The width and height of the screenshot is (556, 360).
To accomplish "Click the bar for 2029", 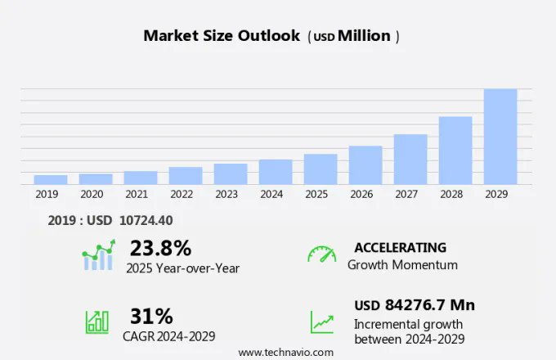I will click(500, 137).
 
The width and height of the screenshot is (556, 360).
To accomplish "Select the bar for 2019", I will click(51, 179).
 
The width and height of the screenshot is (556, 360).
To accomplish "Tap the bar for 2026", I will click(365, 165).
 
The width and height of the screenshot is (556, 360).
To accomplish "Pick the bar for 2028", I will click(455, 151).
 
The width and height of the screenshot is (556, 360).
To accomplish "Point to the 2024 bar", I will click(276, 172).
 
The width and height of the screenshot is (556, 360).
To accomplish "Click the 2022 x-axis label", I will click(182, 195).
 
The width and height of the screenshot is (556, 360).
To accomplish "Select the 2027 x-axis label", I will click(410, 195).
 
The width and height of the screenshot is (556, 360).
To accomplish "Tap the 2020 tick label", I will click(92, 195).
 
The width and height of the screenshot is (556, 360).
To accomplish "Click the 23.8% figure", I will click(160, 248).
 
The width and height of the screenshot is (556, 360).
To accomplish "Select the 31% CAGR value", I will click(151, 316).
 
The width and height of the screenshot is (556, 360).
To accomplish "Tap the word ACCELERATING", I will click(400, 247).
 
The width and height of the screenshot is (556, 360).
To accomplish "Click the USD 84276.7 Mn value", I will click(414, 305).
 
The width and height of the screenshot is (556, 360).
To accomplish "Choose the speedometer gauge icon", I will click(321, 254).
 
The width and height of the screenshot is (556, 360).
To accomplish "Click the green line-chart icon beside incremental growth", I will click(321, 322).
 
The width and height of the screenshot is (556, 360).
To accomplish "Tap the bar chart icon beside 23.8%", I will click(98, 255).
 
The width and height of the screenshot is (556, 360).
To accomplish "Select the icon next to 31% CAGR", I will click(97, 322).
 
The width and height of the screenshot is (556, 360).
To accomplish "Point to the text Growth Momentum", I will click(402, 265).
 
